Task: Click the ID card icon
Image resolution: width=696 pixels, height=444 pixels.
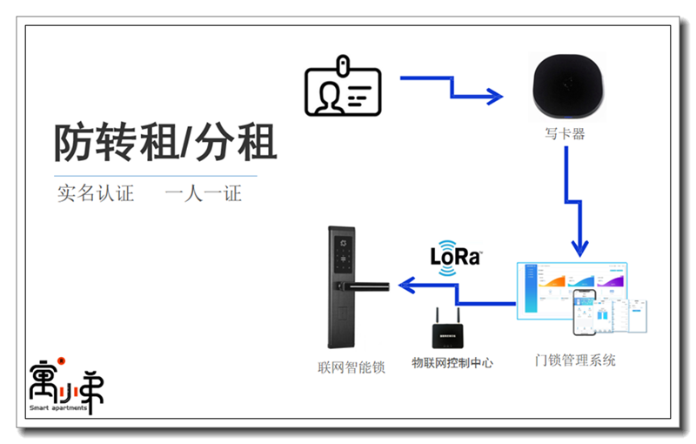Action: pos(342,90)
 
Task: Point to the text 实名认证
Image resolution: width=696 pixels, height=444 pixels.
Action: pos(96,193)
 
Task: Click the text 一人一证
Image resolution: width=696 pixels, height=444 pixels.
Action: pos(204,193)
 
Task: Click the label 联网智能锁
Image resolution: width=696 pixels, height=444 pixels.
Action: pos(351,368)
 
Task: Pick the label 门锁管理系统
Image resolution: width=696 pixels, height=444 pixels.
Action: pos(575,360)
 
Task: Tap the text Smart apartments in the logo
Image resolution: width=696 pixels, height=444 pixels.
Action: pos(57,407)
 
